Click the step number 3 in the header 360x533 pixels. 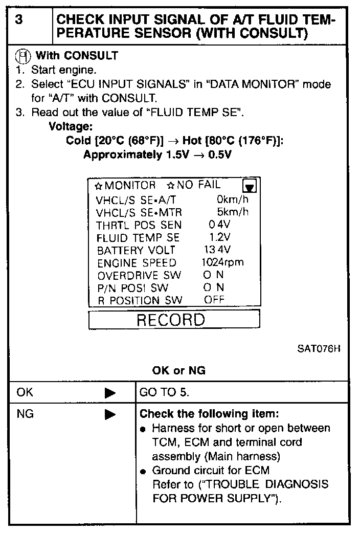click(x=19, y=19)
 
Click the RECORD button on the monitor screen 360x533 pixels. click(x=170, y=320)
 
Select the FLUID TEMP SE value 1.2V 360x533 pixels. click(x=220, y=237)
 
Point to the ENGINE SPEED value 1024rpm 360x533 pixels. click(x=222, y=262)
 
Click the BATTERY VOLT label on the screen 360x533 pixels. click(x=136, y=250)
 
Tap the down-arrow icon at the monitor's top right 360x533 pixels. click(x=251, y=186)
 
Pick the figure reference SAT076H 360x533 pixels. click(x=319, y=350)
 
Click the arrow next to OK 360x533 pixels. click(x=110, y=393)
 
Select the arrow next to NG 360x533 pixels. click(x=110, y=415)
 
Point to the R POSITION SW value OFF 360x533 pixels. click(x=214, y=300)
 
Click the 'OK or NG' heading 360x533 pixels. click(x=178, y=371)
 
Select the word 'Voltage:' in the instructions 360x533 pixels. click(x=70, y=126)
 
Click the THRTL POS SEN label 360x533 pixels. click(x=139, y=225)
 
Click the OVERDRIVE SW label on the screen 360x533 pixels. click(x=139, y=275)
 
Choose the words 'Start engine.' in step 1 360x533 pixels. click(x=63, y=70)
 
